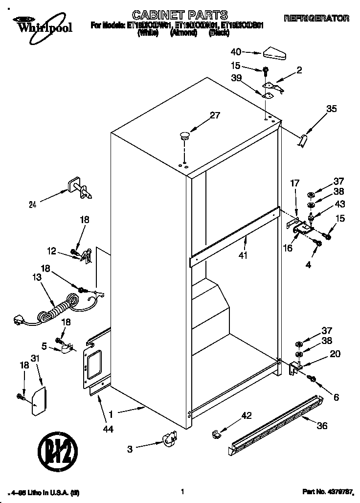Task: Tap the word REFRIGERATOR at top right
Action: tap(316, 18)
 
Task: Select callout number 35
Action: tap(331, 109)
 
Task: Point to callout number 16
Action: tap(288, 249)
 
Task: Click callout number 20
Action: tap(335, 354)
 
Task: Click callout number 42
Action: tap(246, 416)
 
